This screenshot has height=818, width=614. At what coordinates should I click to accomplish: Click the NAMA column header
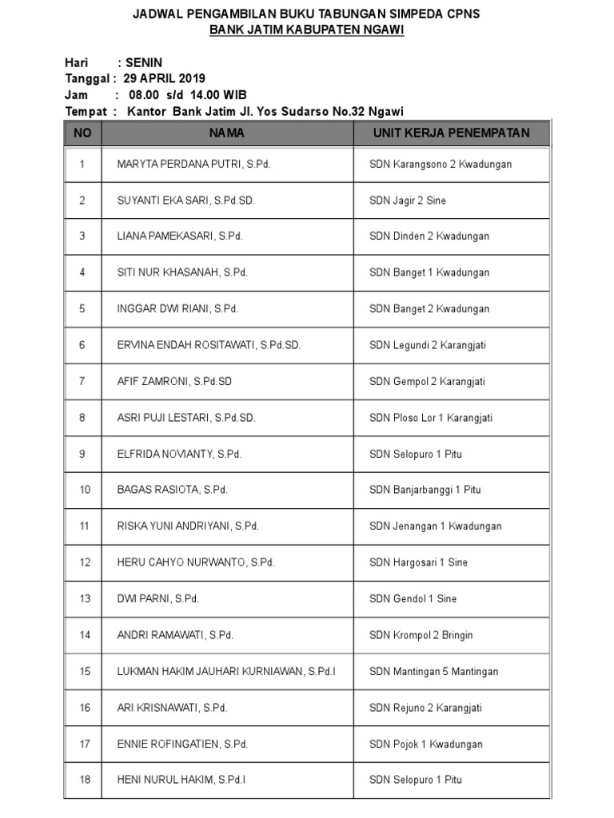[x=227, y=133]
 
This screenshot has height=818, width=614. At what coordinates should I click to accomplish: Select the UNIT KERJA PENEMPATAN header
[x=451, y=133]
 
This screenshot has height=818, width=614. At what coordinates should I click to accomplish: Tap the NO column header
[x=82, y=133]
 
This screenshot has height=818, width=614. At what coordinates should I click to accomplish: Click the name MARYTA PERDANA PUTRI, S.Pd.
[x=193, y=165]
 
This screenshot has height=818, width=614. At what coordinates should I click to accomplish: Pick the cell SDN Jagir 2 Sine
[x=408, y=201]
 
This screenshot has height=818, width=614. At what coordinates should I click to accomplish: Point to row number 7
[x=82, y=381]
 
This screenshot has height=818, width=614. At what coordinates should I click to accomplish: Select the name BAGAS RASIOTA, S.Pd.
[x=172, y=490]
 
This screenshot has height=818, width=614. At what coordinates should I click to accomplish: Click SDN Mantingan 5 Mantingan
[x=433, y=671]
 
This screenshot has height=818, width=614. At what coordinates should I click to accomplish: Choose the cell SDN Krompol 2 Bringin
[x=421, y=635]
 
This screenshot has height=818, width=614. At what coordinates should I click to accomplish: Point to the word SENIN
[x=144, y=62]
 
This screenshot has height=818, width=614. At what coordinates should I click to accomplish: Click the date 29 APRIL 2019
[x=165, y=78]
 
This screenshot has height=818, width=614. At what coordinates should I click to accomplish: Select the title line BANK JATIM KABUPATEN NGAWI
[x=307, y=30]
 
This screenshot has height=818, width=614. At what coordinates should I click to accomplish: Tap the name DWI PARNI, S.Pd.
[x=157, y=598]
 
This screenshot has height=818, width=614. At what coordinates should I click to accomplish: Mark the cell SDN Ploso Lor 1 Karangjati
[x=430, y=418]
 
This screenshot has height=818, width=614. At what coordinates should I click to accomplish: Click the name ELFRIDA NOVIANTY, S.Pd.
[x=179, y=454]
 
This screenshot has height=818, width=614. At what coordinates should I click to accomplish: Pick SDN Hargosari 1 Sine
[x=418, y=562]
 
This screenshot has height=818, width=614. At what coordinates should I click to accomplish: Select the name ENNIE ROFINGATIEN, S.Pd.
[x=182, y=744]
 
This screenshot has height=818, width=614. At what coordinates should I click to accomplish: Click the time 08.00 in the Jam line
[x=146, y=95]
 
